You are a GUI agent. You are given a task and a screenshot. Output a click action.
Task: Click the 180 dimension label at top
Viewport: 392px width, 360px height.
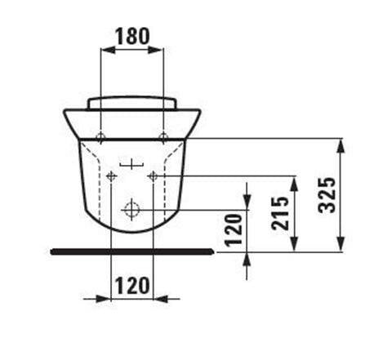132,36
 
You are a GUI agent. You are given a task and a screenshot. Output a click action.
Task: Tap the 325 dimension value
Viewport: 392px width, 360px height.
327,195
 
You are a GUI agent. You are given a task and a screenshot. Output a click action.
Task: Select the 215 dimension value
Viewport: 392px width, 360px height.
279,213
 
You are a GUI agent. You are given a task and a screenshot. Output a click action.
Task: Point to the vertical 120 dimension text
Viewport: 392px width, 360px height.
233,230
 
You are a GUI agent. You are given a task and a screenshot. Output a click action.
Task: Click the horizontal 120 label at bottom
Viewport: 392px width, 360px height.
132,286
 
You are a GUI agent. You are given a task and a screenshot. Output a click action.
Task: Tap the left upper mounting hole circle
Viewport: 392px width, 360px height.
100,136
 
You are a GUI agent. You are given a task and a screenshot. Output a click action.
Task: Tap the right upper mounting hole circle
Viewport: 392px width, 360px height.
163,136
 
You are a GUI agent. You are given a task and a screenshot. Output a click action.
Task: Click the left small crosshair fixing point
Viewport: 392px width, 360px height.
111,176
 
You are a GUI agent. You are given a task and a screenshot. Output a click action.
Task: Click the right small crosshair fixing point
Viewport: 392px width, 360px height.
154,176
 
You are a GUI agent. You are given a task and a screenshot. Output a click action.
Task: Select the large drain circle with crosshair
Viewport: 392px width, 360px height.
131,210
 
